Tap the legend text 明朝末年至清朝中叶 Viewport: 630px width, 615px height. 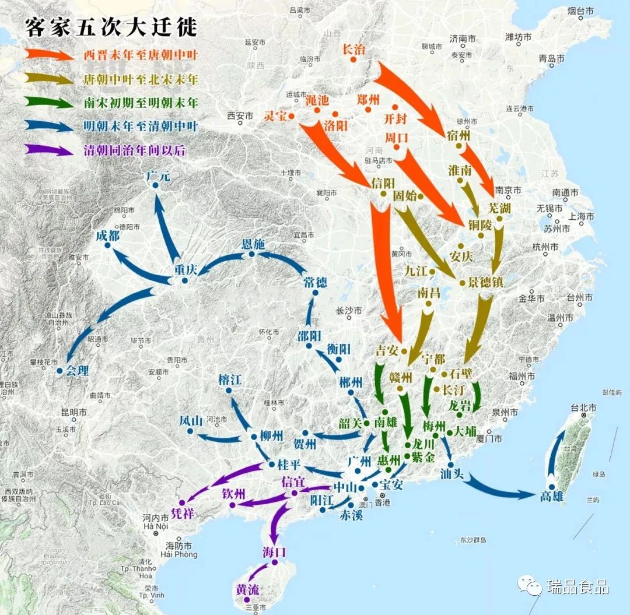[141, 126]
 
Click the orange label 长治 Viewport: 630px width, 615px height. [353, 50]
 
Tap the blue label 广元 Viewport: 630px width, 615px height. [159, 175]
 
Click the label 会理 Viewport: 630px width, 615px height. [77, 370]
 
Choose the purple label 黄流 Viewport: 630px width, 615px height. [247, 589]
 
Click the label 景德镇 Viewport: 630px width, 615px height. [485, 282]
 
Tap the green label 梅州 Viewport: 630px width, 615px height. [434, 424]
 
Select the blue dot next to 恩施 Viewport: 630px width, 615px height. [252, 254]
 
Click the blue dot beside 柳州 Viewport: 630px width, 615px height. [254, 437]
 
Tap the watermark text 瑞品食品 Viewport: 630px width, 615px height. [577, 586]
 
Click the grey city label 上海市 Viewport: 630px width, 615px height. [582, 216]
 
